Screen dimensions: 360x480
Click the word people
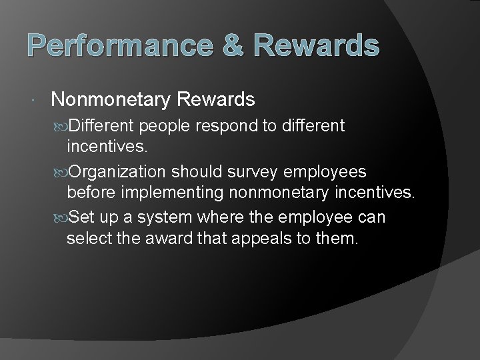click(170, 125)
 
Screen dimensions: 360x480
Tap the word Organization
click(118, 172)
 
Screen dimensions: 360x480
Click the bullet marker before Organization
click(62, 172)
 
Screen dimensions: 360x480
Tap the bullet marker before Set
click(62, 217)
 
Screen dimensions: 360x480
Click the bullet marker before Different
click(62, 125)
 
